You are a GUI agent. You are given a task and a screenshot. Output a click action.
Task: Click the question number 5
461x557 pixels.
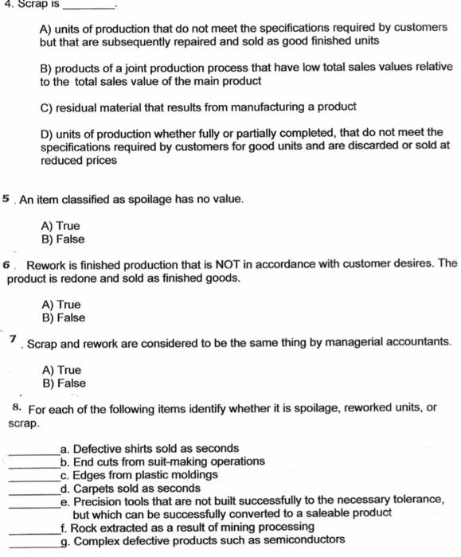6,198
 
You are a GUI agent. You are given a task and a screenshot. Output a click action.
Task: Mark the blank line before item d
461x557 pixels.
33,492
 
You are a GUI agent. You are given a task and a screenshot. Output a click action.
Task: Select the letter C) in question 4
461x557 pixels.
46,107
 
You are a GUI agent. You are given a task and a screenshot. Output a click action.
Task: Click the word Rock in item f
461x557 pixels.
84,527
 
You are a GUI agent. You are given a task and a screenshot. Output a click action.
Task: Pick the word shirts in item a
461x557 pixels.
140,448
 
